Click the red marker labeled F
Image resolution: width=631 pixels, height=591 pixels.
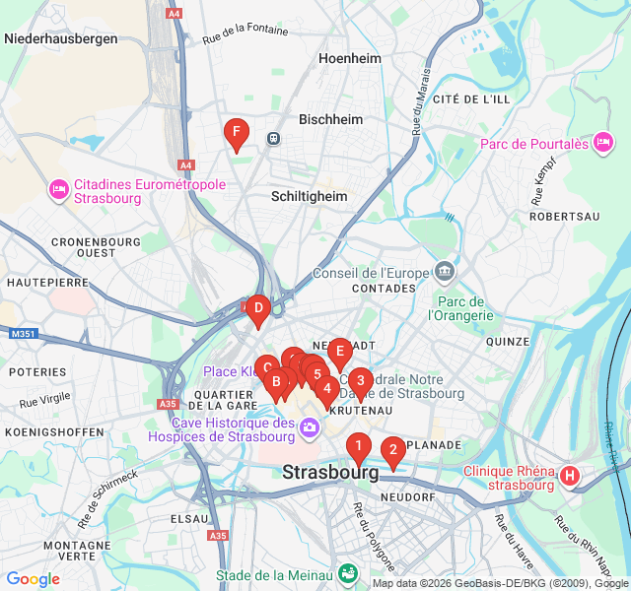(235, 132)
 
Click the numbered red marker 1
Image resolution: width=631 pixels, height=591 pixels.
(358, 447)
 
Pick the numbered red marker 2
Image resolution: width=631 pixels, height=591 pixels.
(392, 451)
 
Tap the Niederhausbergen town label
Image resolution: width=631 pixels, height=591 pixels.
(61, 39)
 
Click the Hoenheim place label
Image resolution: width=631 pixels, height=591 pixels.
(349, 59)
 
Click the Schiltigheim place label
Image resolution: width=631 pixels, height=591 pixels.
(310, 196)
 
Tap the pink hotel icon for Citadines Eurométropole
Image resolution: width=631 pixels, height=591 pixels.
(57, 187)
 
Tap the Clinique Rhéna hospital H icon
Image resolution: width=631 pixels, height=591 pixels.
(569, 477)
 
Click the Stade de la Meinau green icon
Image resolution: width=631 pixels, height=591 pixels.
(348, 573)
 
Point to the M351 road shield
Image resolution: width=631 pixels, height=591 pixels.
(23, 335)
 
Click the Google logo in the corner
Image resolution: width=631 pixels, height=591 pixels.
(34, 579)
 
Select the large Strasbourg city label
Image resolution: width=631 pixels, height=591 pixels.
(330, 473)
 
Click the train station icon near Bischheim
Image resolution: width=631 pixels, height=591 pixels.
(272, 139)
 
